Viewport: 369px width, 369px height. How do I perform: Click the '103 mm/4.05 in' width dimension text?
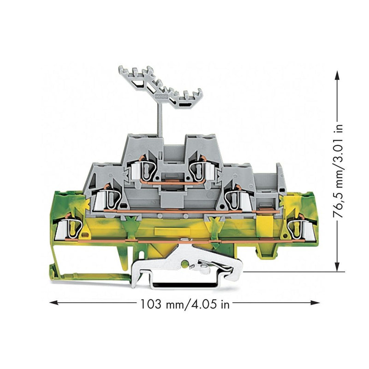(185, 304)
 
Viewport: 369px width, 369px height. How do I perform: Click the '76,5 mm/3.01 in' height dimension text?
(338, 172)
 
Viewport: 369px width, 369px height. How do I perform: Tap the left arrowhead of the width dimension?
(54, 303)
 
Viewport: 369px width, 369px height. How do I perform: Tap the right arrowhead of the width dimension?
(315, 303)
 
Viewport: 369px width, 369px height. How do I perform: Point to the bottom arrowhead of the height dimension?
(338, 267)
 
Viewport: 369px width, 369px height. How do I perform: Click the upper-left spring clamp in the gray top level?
(143, 169)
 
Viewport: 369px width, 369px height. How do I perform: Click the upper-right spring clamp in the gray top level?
(201, 169)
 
